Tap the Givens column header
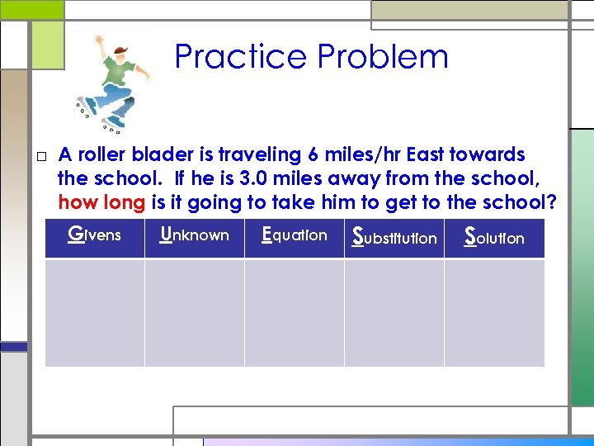click(x=94, y=235)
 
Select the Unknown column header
click(x=195, y=235)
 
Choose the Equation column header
click(x=295, y=235)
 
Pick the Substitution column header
click(x=394, y=237)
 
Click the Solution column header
click(x=494, y=237)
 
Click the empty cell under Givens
click(x=94, y=312)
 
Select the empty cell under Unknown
click(x=195, y=312)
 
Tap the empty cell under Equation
click(x=295, y=312)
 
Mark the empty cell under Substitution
click(x=394, y=312)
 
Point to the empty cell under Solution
click(x=494, y=312)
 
